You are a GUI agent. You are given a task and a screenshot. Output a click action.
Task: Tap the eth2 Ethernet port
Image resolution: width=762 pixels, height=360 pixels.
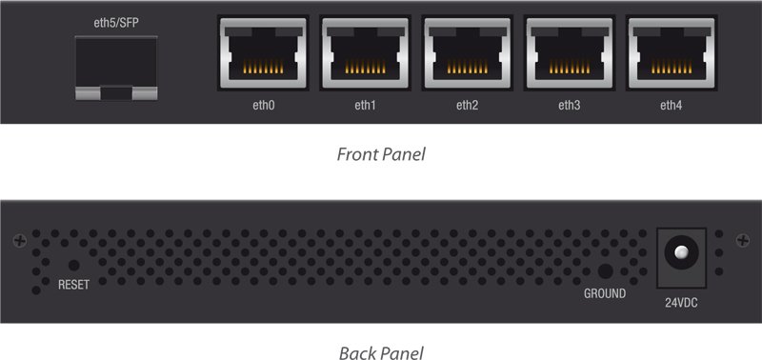tap(464, 53)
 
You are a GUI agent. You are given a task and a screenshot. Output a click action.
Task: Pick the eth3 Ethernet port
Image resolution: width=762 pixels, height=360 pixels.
tap(567, 53)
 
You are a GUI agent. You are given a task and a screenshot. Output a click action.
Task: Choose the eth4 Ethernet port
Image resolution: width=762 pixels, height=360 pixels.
tap(669, 53)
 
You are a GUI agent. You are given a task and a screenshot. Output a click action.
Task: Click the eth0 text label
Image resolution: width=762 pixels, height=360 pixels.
tap(260, 105)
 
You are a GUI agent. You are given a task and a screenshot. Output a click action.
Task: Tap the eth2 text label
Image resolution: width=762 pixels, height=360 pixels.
tap(466, 105)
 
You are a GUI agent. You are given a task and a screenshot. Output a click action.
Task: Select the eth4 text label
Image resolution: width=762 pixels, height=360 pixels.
tap(671, 105)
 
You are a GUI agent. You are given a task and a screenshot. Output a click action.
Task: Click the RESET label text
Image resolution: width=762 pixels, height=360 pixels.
tap(73, 285)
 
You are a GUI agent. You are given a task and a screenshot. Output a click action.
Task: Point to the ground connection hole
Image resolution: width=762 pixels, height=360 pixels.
tap(604, 271)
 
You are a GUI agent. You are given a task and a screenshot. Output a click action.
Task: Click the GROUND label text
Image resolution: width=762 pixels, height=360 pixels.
tap(605, 293)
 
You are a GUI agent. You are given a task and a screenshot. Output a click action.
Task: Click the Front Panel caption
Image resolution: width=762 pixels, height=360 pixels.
tap(381, 153)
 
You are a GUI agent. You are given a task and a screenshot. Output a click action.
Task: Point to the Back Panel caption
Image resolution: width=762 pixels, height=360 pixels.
tap(381, 352)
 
